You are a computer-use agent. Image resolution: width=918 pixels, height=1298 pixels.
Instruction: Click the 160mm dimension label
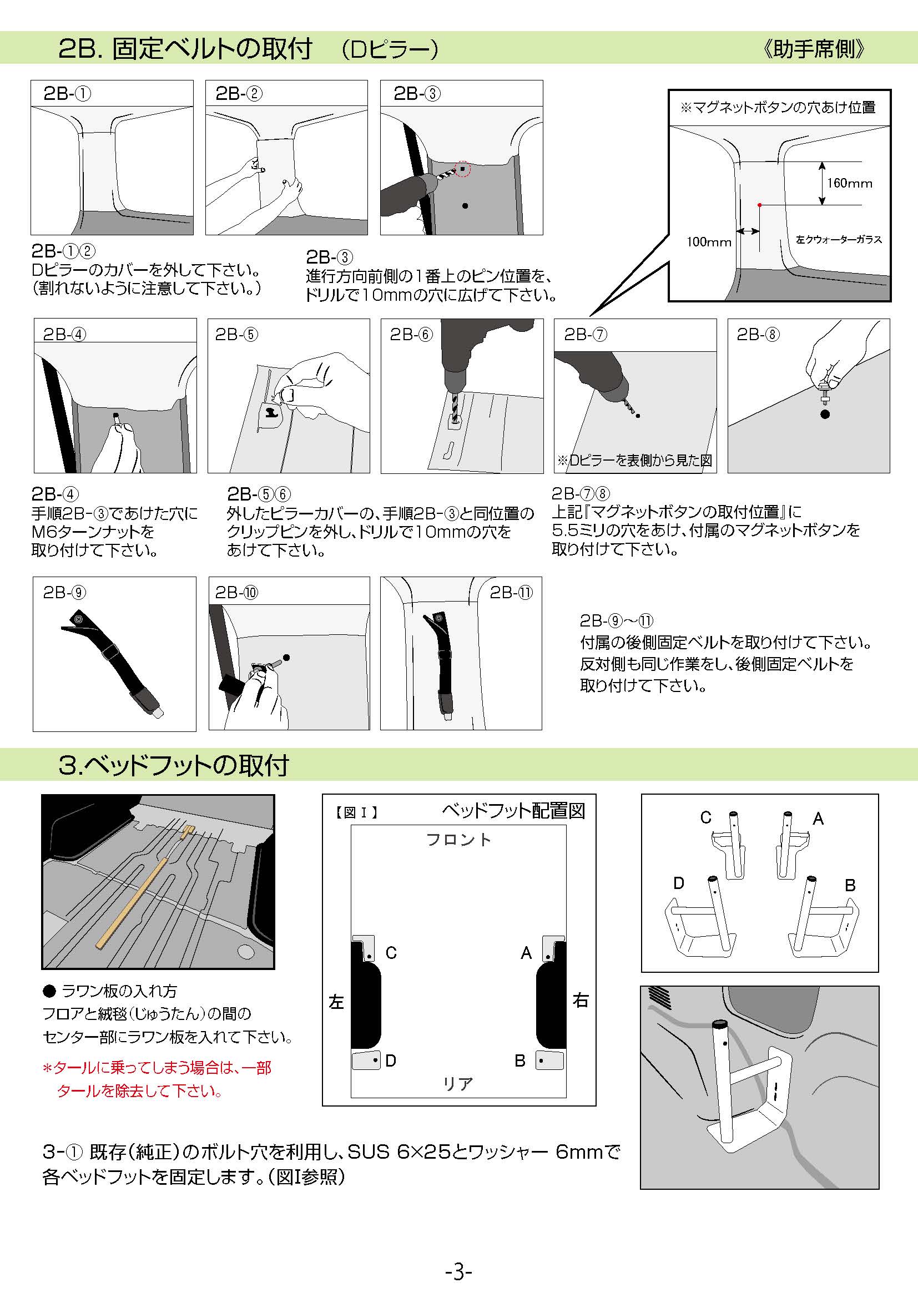[x=850, y=183]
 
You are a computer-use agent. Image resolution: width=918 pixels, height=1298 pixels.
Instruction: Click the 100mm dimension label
[x=709, y=242]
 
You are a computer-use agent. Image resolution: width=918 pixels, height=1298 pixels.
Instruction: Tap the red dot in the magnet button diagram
[x=760, y=205]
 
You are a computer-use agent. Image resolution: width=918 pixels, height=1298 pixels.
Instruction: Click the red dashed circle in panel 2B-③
[x=462, y=169]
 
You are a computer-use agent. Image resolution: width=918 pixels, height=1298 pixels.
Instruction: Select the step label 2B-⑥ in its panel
[x=411, y=334]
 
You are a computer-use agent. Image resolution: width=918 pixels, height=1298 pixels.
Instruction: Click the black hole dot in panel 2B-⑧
[x=825, y=415]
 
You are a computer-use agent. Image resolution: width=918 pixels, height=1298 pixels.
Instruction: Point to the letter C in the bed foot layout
[x=391, y=953]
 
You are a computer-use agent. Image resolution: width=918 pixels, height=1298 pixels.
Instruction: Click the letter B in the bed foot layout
[x=520, y=1060]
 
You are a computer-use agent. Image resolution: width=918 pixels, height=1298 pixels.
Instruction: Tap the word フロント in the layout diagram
[x=458, y=840]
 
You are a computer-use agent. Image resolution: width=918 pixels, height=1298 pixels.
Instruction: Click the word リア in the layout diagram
[x=458, y=1084]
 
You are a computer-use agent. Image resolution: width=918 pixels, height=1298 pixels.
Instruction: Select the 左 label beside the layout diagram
[x=336, y=1002]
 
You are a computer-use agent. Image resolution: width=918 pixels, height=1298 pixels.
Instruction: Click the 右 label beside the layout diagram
[x=581, y=1001]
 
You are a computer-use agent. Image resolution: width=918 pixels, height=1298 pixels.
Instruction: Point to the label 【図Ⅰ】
[x=355, y=812]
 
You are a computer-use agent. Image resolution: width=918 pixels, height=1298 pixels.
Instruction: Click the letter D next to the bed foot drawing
[x=679, y=883]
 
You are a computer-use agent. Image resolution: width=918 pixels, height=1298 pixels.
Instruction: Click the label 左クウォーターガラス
[x=839, y=240]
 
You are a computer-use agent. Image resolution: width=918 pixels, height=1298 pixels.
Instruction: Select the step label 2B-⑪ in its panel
[x=511, y=593]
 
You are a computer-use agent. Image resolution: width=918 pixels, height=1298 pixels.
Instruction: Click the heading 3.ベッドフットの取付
[x=174, y=765]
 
